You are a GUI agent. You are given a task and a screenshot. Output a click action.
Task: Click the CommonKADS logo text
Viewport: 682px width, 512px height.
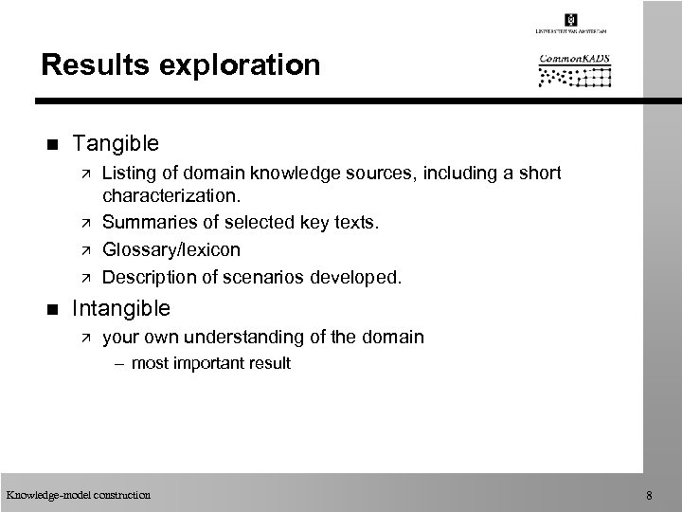pyautogui.click(x=575, y=59)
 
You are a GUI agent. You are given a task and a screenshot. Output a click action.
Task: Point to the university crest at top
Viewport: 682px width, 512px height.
pyautogui.click(x=570, y=20)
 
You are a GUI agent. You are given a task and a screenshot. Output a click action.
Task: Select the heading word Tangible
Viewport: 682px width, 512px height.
pyautogui.click(x=116, y=143)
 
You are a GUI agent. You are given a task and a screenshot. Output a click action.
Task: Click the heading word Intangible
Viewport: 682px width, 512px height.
pyautogui.click(x=122, y=307)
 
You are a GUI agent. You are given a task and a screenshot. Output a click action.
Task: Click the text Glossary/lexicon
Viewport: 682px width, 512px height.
pyautogui.click(x=170, y=249)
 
